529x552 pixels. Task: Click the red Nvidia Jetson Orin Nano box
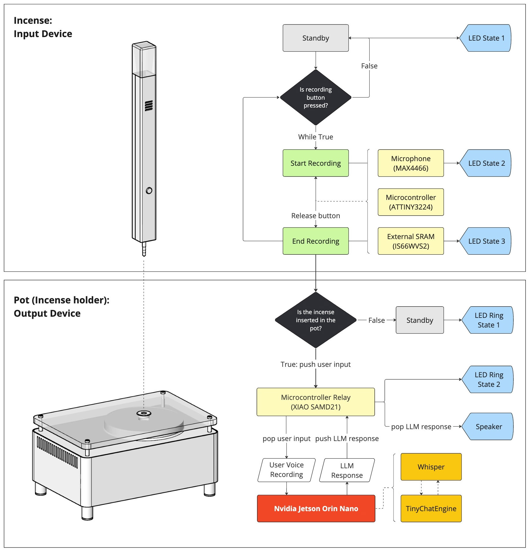click(316, 509)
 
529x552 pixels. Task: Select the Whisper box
click(431, 467)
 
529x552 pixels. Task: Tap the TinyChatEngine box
click(431, 509)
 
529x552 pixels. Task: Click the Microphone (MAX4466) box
click(411, 163)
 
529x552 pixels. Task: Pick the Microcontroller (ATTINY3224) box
click(411, 202)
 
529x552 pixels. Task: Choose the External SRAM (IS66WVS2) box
click(411, 241)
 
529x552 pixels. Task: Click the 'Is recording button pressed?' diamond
click(316, 97)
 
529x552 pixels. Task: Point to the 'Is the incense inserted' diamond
click(316, 320)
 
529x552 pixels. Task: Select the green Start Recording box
click(316, 163)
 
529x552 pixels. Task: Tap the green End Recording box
click(316, 241)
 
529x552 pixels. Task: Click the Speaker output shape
click(488, 427)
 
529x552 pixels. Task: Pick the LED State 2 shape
click(486, 163)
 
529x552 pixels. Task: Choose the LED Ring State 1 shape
click(488, 320)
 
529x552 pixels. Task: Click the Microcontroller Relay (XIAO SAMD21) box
click(316, 402)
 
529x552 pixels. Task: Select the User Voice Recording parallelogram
click(286, 470)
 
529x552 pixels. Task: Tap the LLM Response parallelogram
click(347, 470)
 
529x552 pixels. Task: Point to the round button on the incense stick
click(149, 191)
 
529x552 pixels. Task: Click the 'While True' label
click(316, 137)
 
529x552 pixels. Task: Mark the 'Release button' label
click(316, 216)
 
